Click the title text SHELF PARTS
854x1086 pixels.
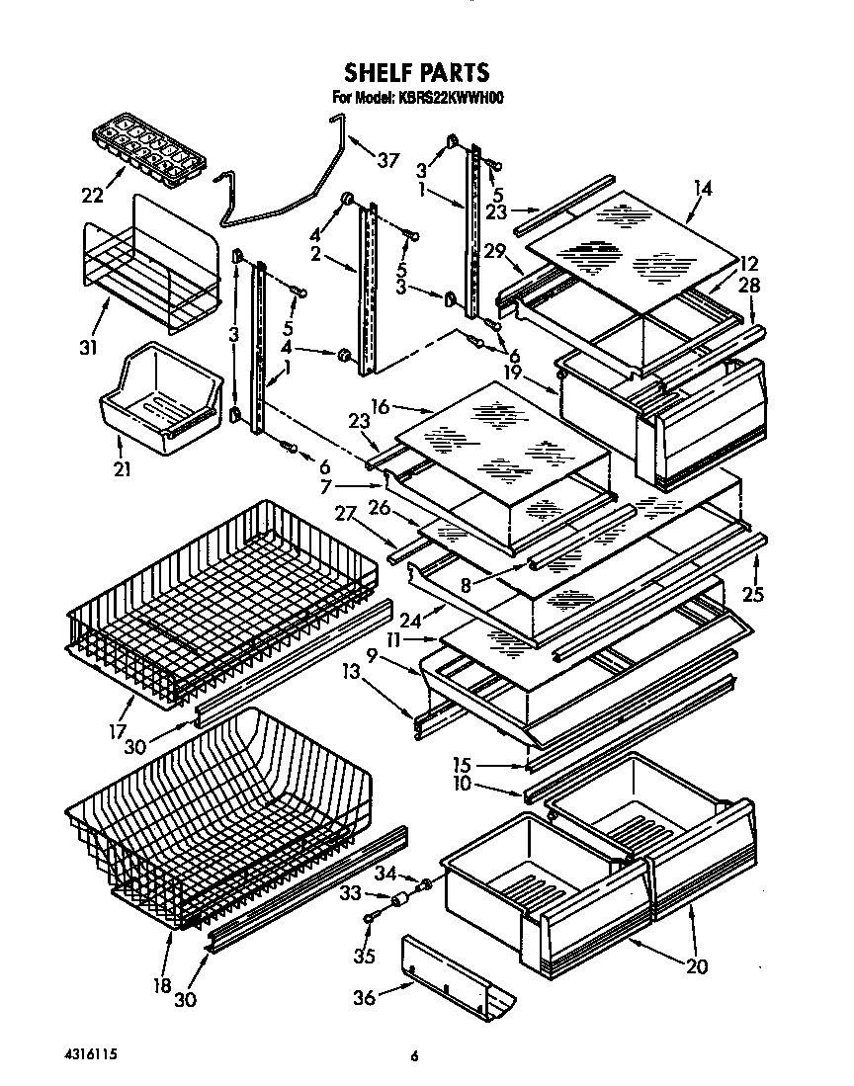(x=415, y=72)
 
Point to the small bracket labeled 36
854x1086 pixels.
(x=460, y=978)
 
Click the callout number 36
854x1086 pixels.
(x=365, y=998)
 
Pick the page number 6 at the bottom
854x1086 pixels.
(x=415, y=1056)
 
